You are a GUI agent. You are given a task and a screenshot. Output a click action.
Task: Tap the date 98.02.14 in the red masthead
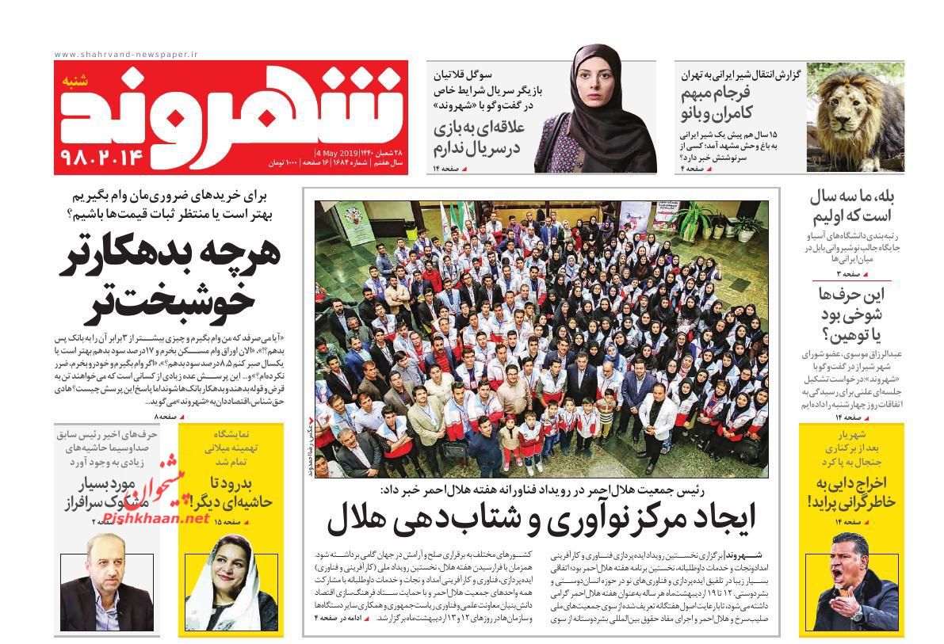pos(101,156)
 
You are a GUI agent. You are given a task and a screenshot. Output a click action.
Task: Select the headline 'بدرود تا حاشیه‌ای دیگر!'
pos(230,491)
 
